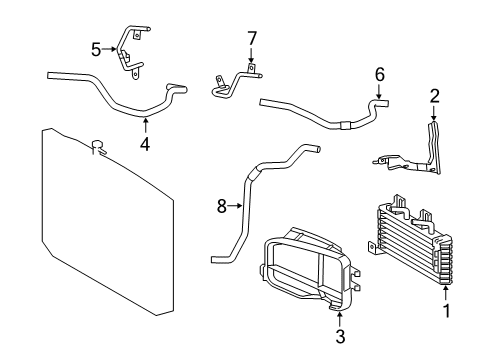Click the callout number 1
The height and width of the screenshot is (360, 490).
click(x=446, y=311)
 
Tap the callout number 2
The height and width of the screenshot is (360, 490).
click(x=435, y=96)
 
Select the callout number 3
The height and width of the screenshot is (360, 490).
click(x=340, y=336)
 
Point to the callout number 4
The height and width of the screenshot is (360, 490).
click(x=145, y=144)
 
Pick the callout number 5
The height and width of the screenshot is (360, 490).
click(x=96, y=50)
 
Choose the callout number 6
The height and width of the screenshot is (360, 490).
click(x=380, y=74)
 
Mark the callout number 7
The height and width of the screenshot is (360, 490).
click(x=252, y=38)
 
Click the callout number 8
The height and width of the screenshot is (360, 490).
click(x=222, y=206)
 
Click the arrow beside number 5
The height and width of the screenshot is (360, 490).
click(x=109, y=49)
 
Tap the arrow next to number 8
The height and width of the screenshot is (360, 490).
click(x=235, y=206)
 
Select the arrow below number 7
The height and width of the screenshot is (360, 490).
click(x=252, y=55)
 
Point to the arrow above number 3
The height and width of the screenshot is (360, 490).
click(x=339, y=319)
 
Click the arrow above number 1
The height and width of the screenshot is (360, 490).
click(x=446, y=294)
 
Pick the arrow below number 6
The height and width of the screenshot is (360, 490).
click(x=379, y=91)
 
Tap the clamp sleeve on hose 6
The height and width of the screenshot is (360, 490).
click(x=345, y=125)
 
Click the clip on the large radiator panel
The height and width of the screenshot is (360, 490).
click(x=99, y=148)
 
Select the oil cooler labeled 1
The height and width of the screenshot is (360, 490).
click(x=410, y=239)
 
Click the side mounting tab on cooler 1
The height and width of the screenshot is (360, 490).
click(x=372, y=248)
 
